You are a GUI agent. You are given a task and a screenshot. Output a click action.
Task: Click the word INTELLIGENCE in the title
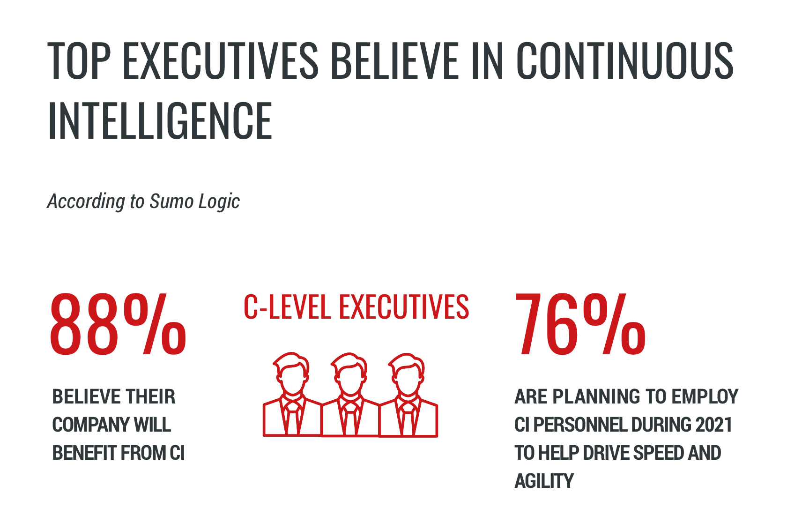160,121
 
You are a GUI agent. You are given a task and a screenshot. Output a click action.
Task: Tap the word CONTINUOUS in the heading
625,60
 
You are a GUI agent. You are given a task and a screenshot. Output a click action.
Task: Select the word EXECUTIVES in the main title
221,60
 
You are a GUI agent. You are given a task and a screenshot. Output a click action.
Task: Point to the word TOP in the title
79,60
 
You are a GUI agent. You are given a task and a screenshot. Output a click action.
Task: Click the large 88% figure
118,324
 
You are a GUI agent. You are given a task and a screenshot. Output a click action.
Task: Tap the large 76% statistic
580,324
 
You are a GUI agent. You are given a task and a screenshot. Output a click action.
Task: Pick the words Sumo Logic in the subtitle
194,202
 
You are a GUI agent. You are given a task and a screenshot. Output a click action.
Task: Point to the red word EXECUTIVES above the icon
404,307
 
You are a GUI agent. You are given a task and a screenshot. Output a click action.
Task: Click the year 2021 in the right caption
713,425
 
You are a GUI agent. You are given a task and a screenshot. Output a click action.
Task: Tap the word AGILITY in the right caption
544,481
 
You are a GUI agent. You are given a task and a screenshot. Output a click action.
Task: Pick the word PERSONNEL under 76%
581,425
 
